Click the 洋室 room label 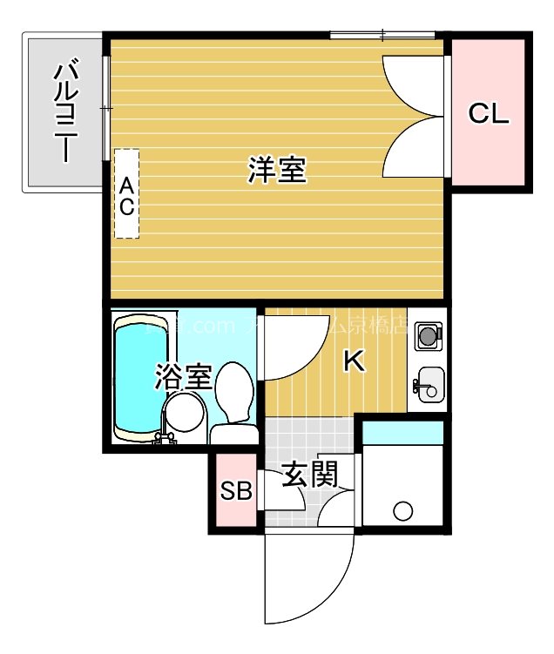coord(276,171)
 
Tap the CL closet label coord(488,113)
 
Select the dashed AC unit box coord(126,193)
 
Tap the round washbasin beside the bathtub coord(183,412)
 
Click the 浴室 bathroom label coord(184,378)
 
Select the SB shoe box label coord(235,492)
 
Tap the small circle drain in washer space coord(402,511)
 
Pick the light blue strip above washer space coord(402,431)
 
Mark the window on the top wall coord(382,35)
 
